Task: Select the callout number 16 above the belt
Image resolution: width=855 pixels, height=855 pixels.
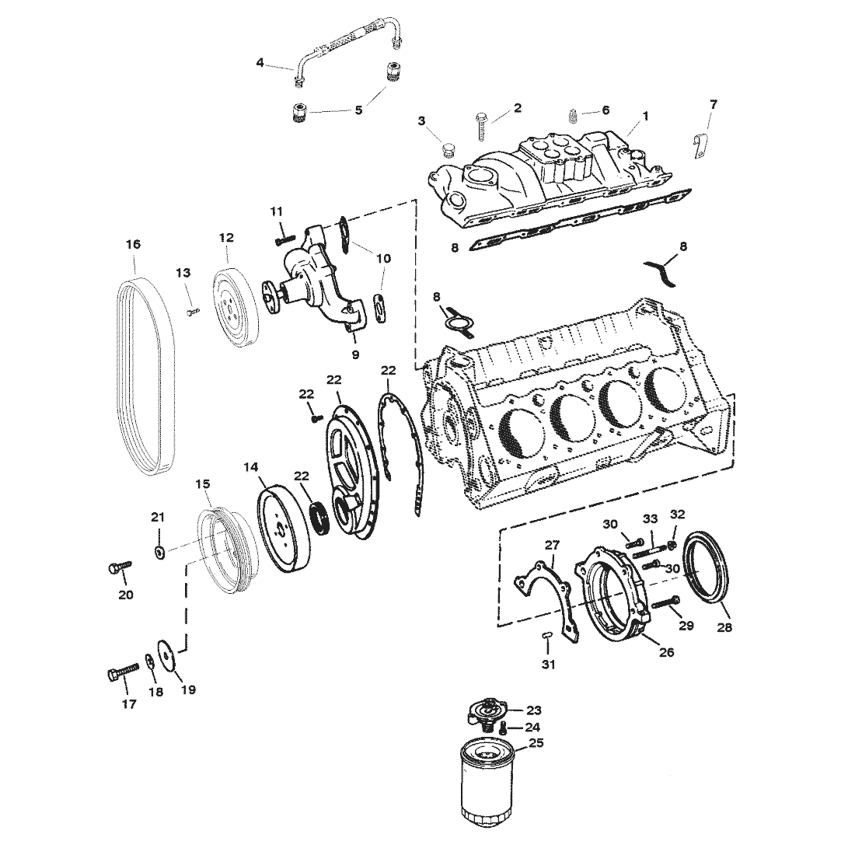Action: [133, 244]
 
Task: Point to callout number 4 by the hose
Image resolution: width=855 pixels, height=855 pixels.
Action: [260, 62]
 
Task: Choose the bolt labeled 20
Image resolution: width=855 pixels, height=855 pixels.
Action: [116, 571]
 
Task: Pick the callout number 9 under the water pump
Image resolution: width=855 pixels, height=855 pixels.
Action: [355, 354]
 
